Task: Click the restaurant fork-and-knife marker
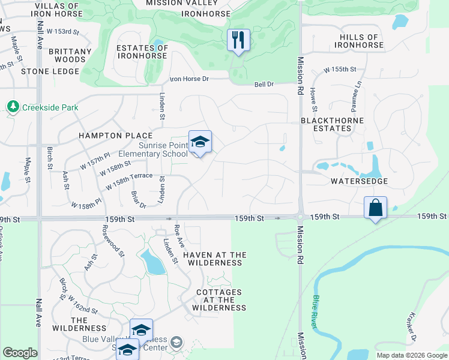click(x=238, y=40)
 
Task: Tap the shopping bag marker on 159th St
click(x=375, y=208)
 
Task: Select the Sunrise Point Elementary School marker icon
click(x=200, y=142)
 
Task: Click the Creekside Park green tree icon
click(x=13, y=107)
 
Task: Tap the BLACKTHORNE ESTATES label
click(x=327, y=124)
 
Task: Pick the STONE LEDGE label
click(x=50, y=71)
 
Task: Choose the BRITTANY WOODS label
click(x=70, y=55)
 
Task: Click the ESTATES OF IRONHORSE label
click(x=142, y=52)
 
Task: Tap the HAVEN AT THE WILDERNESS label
click(x=214, y=259)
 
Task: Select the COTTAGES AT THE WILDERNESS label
click(x=219, y=300)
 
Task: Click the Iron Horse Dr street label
click(x=189, y=79)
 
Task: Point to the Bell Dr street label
click(x=264, y=85)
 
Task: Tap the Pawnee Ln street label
click(x=355, y=93)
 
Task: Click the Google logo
click(x=20, y=353)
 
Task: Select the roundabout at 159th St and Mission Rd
click(x=300, y=218)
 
